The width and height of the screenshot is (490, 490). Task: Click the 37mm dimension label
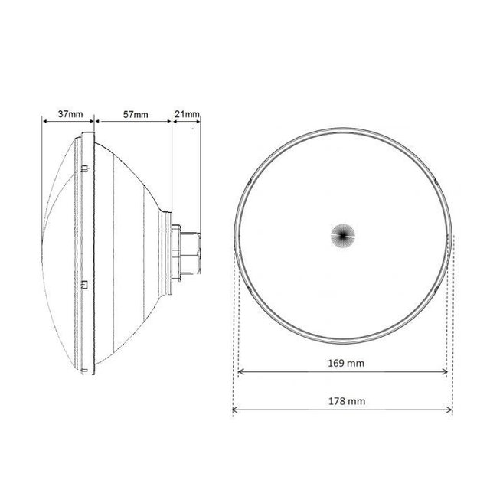(x=65, y=114)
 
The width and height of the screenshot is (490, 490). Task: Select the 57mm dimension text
(x=136, y=114)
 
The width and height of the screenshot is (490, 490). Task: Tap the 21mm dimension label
(x=187, y=114)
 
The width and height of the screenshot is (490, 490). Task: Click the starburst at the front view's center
(x=343, y=234)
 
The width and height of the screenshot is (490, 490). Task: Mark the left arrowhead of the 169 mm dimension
(x=241, y=373)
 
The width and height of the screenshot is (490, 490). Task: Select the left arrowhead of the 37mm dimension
(x=43, y=120)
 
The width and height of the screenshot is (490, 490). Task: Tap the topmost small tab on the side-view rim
(x=83, y=165)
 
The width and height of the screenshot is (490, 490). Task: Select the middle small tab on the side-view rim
(x=84, y=285)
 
